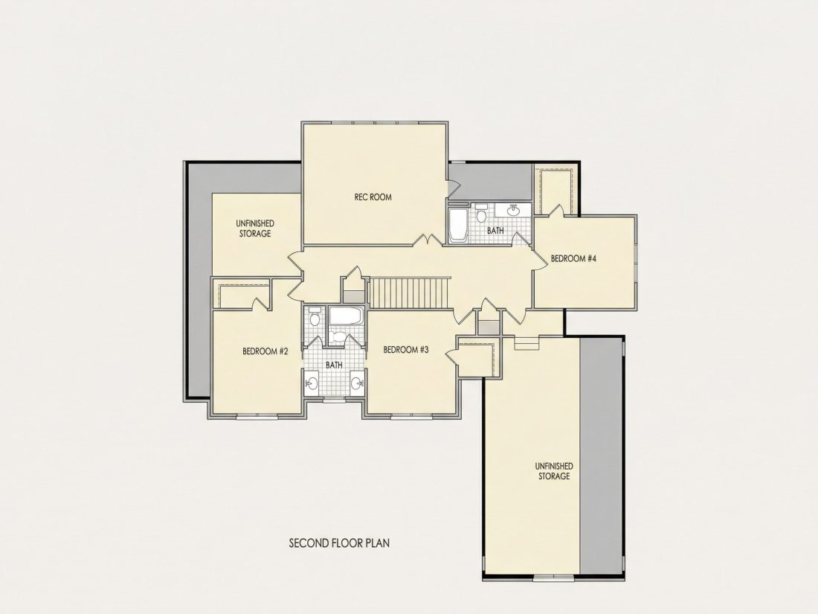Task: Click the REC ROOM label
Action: click(373, 196)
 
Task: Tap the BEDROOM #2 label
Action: click(265, 351)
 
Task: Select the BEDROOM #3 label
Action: click(406, 350)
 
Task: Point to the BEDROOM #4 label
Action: click(573, 258)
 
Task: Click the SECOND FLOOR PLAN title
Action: click(339, 543)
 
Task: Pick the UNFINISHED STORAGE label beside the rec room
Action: click(255, 228)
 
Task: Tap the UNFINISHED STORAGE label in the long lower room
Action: click(554, 471)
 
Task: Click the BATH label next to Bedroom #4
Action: click(495, 230)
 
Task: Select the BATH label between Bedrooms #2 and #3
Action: click(334, 365)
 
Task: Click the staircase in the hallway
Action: click(410, 293)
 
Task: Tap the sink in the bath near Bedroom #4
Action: click(514, 211)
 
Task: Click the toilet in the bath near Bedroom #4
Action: click(481, 214)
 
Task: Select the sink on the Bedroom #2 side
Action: click(312, 384)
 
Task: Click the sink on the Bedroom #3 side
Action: click(357, 384)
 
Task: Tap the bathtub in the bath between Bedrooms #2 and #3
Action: click(346, 316)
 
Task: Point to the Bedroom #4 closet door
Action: click(557, 210)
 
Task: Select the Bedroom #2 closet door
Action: click(259, 304)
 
